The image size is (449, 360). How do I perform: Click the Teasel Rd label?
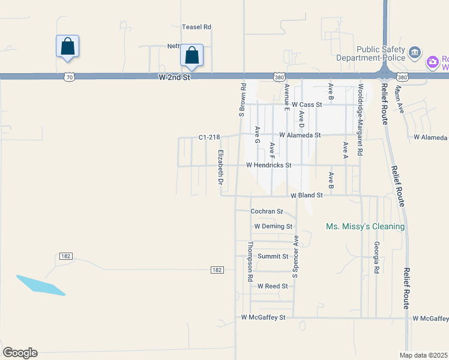tap(197, 27)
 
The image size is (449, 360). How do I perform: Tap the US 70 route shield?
tap(70, 77)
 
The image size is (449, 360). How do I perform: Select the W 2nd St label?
tap(175, 77)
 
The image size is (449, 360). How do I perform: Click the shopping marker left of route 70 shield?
tap(67, 46)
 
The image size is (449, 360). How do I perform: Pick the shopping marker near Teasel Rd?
tap(192, 56)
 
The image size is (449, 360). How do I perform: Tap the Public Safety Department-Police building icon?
tap(415, 53)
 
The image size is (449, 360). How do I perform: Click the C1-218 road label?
tap(211, 137)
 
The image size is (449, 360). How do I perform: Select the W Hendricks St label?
tap(268, 165)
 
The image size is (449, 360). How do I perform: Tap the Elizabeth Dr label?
tap(221, 167)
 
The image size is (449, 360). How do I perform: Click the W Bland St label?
tap(307, 196)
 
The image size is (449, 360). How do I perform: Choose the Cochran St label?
tap(267, 211)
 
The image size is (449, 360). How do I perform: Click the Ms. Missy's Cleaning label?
tap(365, 227)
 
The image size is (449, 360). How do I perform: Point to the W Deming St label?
tap(273, 227)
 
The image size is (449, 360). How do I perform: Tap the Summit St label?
tap(273, 256)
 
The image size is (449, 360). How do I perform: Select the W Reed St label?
tap(273, 286)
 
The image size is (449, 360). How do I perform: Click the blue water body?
tap(41, 285)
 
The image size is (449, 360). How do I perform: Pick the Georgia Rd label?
tap(376, 257)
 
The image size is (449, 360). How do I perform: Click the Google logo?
tap(20, 353)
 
